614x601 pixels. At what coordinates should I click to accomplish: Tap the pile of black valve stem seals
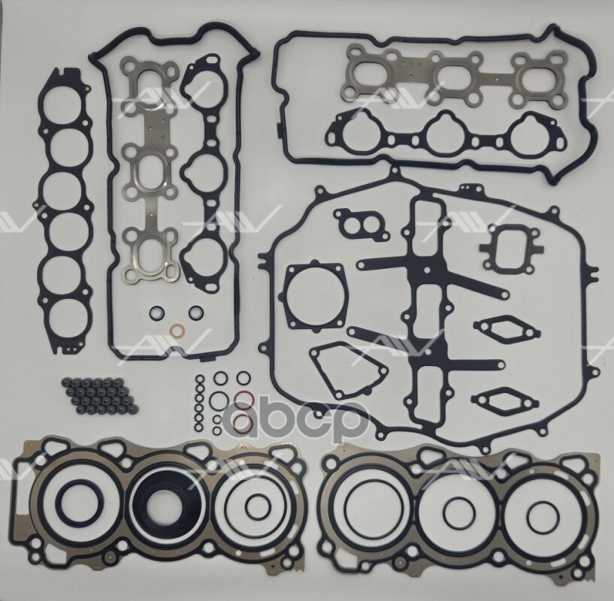pos(99,396)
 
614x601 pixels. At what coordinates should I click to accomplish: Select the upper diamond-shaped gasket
pos(507,328)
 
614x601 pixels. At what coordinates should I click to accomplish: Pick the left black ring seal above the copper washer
pos(156,313)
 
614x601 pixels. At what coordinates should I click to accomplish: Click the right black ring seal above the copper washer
pos(195,313)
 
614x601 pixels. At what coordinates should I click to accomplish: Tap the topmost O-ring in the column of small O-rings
pos(199,379)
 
